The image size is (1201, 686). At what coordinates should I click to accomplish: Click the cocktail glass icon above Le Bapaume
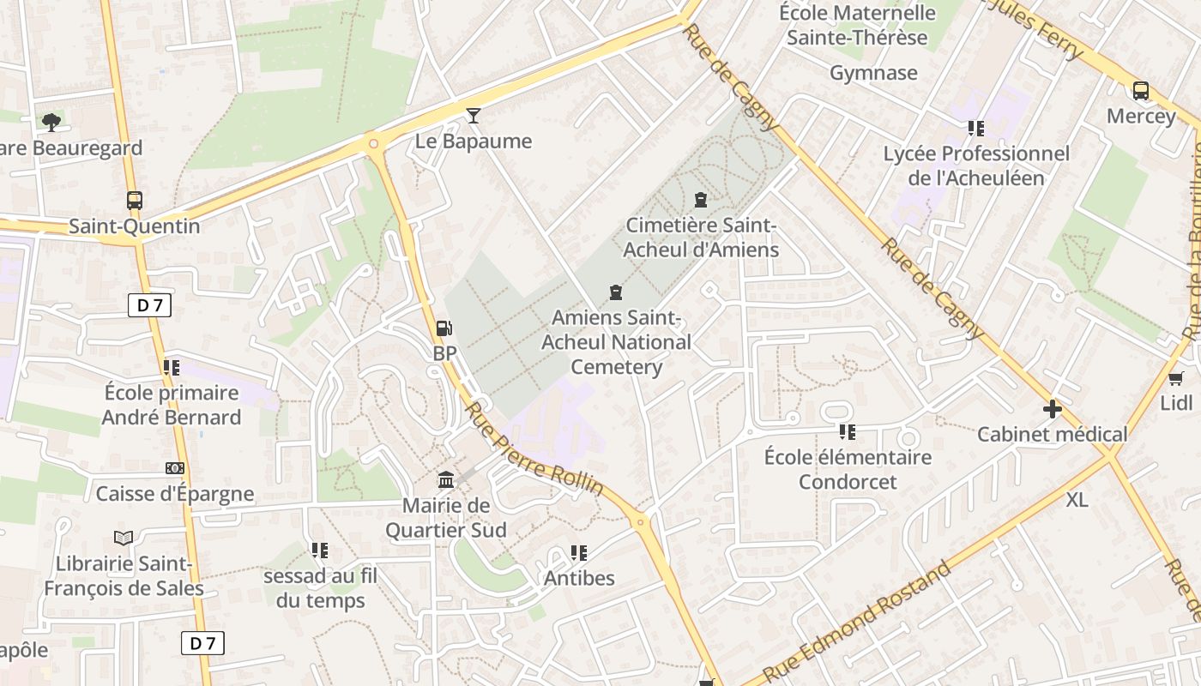[x=474, y=116]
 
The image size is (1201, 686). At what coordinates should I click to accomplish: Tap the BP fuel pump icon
[x=444, y=328]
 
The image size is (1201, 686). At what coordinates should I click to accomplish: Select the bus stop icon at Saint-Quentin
[x=135, y=201]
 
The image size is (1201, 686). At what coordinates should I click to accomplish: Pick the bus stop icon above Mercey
[x=1141, y=91]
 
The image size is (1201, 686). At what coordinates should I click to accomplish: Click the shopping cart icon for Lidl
[x=1176, y=378]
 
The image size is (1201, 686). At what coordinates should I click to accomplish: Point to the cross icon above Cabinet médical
[x=1053, y=409]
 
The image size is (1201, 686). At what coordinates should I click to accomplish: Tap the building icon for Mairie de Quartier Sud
[x=446, y=479]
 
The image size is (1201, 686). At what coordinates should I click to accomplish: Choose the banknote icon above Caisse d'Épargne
[x=175, y=468]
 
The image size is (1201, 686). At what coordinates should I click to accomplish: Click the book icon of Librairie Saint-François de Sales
[x=124, y=539]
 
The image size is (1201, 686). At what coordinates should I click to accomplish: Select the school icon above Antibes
[x=579, y=553]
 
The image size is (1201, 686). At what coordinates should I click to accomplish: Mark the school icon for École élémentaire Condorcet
[x=848, y=431]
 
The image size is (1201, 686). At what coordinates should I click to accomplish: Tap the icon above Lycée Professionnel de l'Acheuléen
[x=976, y=129]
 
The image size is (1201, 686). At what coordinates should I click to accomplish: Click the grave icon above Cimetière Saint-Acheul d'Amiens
[x=701, y=200]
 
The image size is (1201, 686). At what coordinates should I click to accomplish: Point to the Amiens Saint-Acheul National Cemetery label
[x=616, y=342]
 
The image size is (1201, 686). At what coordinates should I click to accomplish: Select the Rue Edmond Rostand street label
[x=858, y=620]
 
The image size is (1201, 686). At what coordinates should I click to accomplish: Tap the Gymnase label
[x=873, y=73]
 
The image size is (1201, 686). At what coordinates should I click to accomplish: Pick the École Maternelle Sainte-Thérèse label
[x=858, y=25]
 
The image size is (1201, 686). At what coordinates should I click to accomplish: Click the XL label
[x=1077, y=500]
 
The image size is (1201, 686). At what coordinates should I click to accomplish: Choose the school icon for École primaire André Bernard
[x=172, y=368]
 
